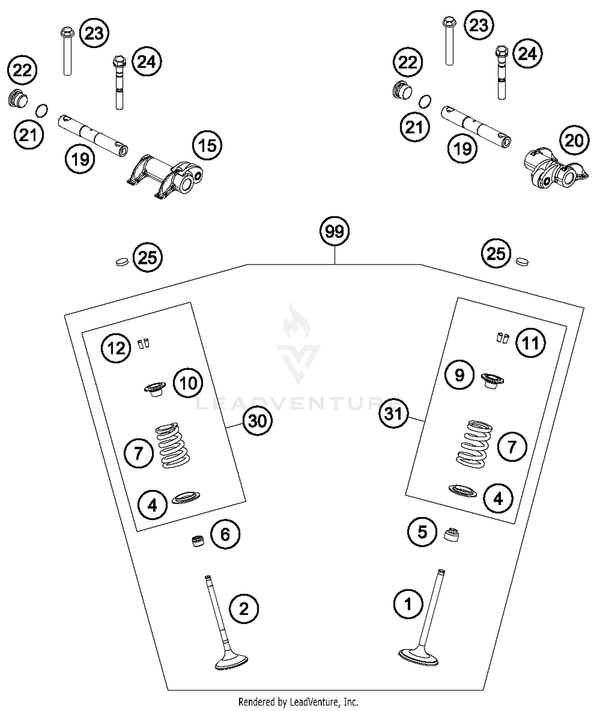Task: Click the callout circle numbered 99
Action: pos(334,231)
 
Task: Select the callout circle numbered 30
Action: pos(258,421)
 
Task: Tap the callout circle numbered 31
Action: pos(394,413)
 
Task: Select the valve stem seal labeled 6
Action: pos(197,542)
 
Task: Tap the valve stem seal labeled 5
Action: pos(451,534)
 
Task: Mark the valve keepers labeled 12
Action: pos(143,343)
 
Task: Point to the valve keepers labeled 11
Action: pos(503,337)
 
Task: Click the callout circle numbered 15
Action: pos(207,146)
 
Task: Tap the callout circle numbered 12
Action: pos(116,348)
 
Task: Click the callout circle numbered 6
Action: pos(225,534)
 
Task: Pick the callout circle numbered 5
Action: pos(422,532)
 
